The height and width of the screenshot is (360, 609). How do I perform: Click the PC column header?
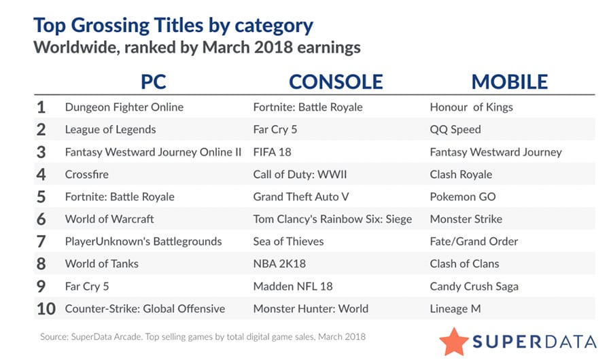(153, 82)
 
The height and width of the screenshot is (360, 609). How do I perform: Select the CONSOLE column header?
(336, 82)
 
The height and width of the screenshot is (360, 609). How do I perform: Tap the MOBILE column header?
(510, 82)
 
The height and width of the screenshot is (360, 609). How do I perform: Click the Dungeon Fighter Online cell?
(124, 107)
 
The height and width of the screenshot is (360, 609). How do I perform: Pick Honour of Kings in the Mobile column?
(471, 107)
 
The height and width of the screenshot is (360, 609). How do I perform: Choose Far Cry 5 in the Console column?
(275, 129)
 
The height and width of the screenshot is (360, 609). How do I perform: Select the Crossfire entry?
(86, 174)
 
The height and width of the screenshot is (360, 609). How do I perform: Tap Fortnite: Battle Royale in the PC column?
(120, 196)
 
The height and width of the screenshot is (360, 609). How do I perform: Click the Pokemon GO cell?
(462, 196)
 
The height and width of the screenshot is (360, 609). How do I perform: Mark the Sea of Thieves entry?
(288, 241)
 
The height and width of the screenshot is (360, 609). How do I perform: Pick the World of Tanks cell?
(101, 264)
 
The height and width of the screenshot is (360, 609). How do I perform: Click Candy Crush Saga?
(474, 286)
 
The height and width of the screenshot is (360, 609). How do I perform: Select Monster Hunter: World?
(311, 308)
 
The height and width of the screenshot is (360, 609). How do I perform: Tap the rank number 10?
(46, 308)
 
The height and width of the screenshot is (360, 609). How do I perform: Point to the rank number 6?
(42, 219)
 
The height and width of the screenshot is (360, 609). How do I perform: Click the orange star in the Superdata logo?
(453, 339)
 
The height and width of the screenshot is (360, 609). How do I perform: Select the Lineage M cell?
(455, 308)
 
